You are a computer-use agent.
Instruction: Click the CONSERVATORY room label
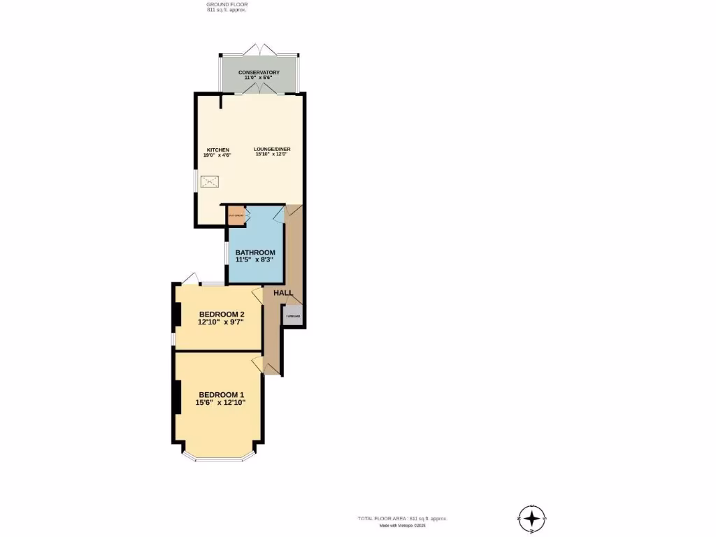tap(259, 73)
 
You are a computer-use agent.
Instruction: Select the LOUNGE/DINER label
tap(272, 150)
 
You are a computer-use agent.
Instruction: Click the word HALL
tap(283, 293)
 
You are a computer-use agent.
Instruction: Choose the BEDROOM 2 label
tap(221, 314)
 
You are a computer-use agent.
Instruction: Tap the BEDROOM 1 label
tap(221, 394)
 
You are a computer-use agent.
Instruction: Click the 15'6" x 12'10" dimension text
tap(221, 403)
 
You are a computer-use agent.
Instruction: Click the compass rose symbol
tap(533, 519)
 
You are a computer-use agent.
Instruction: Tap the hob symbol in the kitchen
tap(210, 182)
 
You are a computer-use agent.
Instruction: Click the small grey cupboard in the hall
tap(292, 315)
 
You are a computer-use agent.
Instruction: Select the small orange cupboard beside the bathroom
tap(235, 215)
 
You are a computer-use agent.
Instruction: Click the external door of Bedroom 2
tap(189, 278)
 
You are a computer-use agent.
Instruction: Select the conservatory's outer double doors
tap(259, 50)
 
